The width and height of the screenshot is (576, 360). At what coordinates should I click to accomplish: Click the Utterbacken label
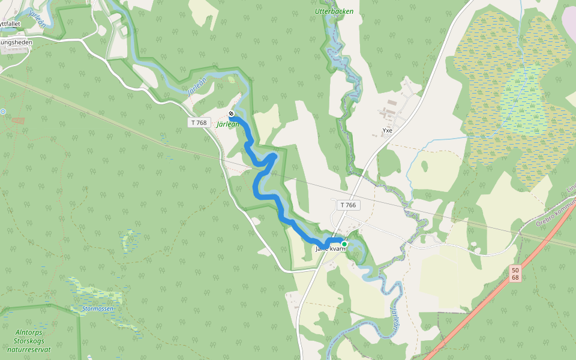pyautogui.click(x=334, y=11)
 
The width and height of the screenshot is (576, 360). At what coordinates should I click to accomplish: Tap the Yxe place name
pyautogui.click(x=387, y=130)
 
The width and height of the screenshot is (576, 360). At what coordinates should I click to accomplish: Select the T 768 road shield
pyautogui.click(x=199, y=122)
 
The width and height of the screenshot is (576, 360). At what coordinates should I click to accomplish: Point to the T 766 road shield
pyautogui.click(x=347, y=205)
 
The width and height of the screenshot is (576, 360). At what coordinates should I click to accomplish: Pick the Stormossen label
pyautogui.click(x=97, y=310)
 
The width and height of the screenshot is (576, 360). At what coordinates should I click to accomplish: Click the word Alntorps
pyautogui.click(x=29, y=331)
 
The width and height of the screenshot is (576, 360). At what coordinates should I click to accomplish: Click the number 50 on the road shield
pyautogui.click(x=515, y=271)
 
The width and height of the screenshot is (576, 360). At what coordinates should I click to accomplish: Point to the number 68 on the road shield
pyautogui.click(x=515, y=278)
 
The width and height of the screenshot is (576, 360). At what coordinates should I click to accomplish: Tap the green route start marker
pyautogui.click(x=344, y=244)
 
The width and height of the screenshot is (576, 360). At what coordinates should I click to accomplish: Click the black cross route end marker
pyautogui.click(x=231, y=113)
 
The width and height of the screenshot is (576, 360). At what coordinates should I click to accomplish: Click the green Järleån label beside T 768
pyautogui.click(x=228, y=124)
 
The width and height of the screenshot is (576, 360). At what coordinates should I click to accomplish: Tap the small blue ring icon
pyautogui.click(x=2, y=112)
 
